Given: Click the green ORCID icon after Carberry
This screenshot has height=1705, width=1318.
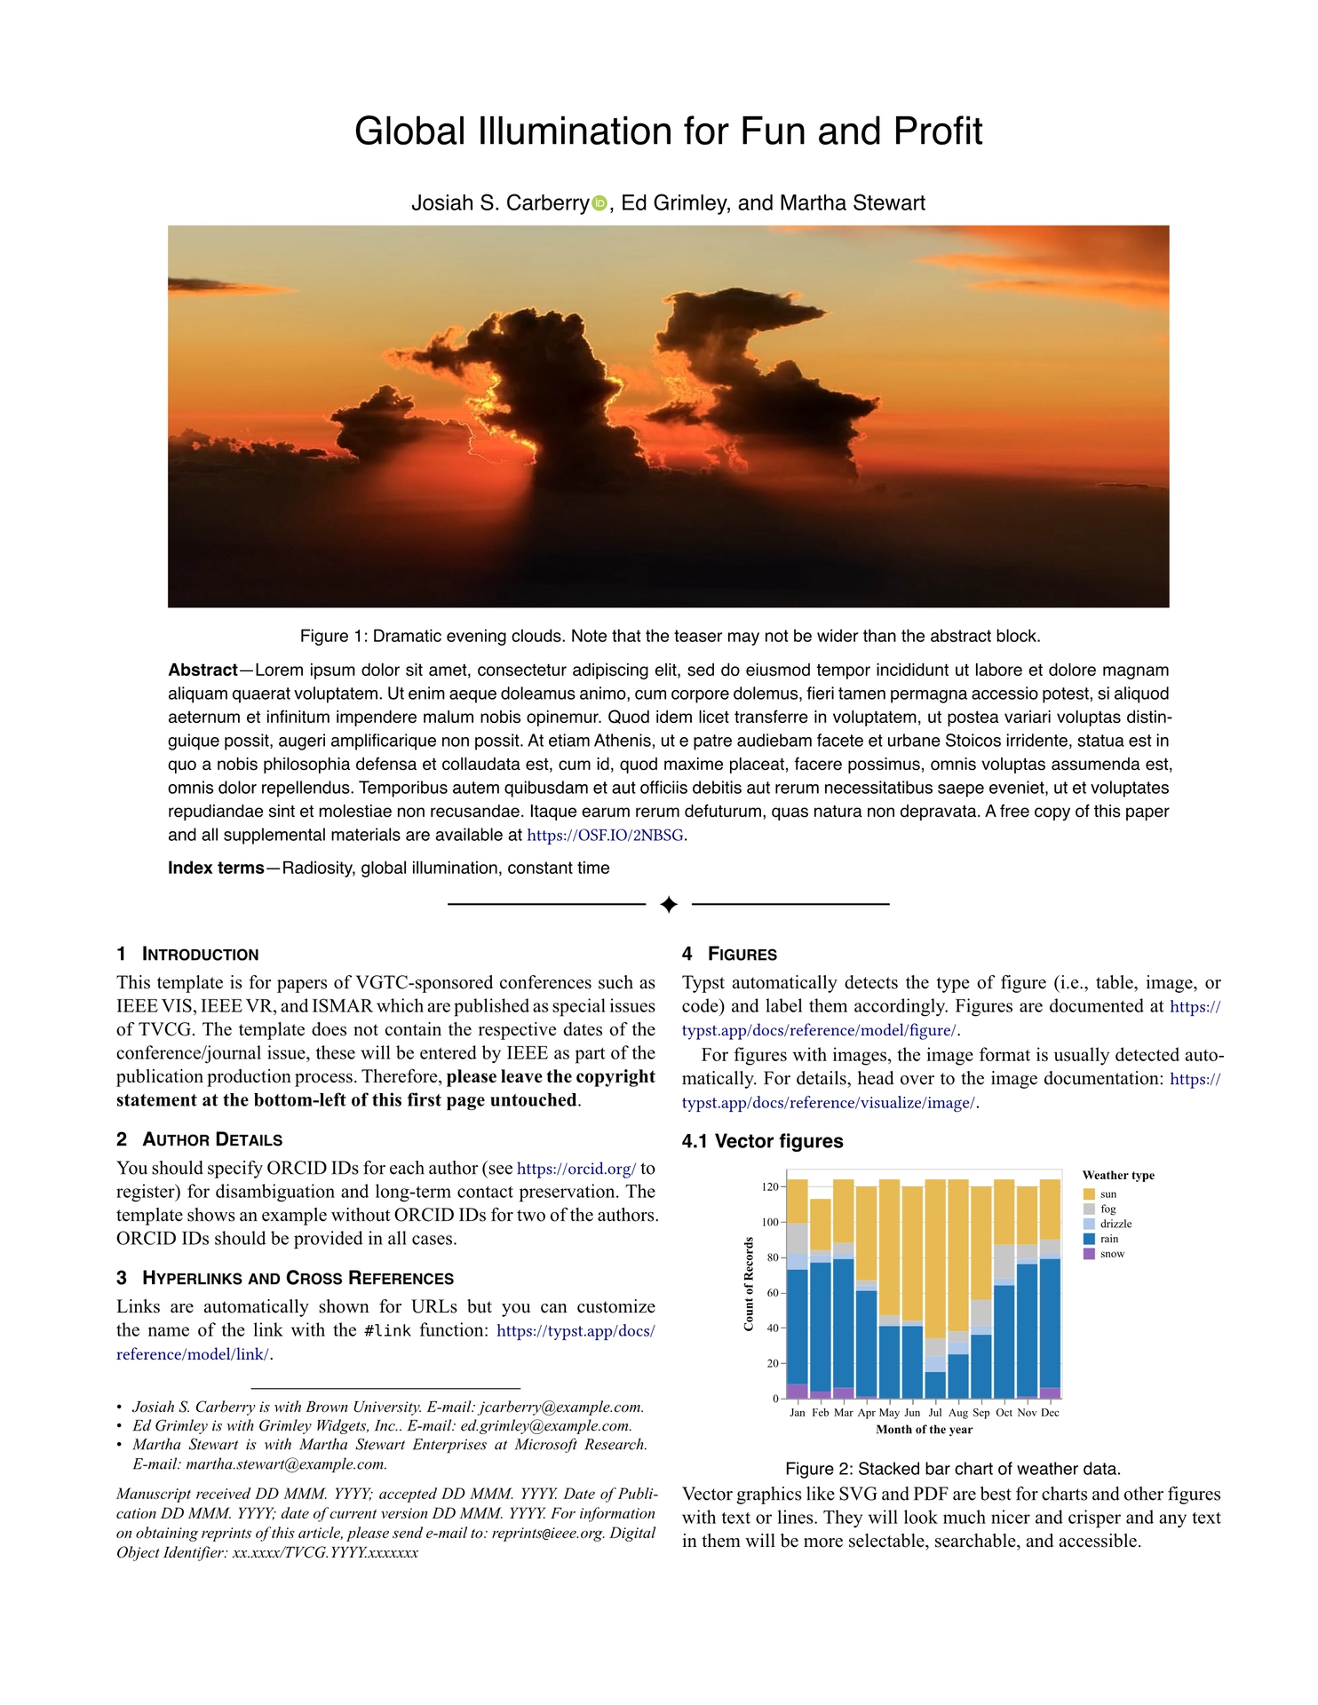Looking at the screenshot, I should (x=599, y=203).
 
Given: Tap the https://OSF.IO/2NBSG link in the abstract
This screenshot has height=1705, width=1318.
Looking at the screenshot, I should (x=606, y=836).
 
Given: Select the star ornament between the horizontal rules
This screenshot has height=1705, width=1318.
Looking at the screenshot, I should (x=669, y=904).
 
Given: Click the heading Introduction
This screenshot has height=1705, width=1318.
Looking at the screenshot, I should (x=200, y=955).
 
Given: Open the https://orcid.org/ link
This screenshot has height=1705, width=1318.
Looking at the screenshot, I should (x=576, y=1169).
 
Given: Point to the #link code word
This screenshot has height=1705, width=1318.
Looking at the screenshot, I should (x=387, y=1330).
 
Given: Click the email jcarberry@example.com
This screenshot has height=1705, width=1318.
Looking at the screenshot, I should (x=561, y=1407).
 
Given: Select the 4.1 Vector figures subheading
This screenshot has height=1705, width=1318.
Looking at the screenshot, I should (x=763, y=1141).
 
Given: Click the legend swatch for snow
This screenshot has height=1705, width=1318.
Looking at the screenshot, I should (x=1089, y=1254).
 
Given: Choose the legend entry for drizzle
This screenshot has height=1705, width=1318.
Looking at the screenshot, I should (x=1116, y=1224).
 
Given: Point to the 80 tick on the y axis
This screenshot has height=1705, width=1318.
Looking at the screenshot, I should (x=770, y=1257).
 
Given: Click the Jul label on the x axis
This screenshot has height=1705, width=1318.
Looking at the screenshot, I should (x=935, y=1412).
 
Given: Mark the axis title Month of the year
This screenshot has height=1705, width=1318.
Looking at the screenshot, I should (x=924, y=1430).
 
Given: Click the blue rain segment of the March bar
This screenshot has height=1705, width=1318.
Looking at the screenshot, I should (x=843, y=1323).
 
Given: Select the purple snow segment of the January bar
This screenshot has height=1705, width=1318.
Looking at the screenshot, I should (x=798, y=1391).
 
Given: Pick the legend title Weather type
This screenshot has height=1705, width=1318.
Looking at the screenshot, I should (x=1118, y=1176).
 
